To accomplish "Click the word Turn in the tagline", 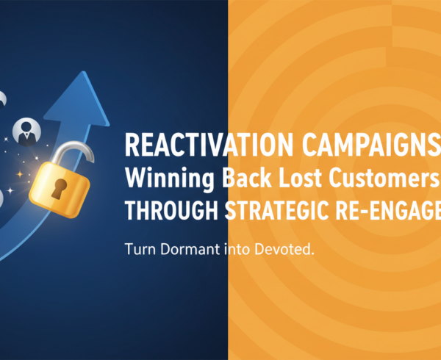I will point(143,250).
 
